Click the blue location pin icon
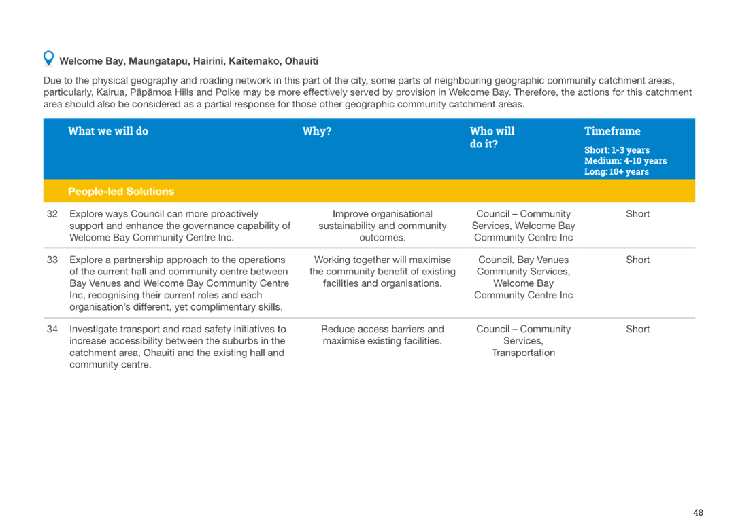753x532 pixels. [x=48, y=58]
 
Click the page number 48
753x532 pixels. [x=699, y=512]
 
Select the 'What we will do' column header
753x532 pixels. [x=108, y=131]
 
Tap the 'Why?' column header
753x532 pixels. [x=317, y=131]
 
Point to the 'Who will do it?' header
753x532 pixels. [x=492, y=137]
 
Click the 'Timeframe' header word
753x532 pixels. [x=612, y=131]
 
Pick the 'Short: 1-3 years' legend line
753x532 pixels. [x=617, y=149]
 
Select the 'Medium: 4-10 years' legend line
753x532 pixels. [x=626, y=161]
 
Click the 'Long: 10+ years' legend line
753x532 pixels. [x=616, y=171]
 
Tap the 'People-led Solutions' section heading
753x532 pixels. [x=121, y=192]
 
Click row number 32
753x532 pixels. [x=52, y=214]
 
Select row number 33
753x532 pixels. [x=52, y=260]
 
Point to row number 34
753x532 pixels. [x=52, y=329]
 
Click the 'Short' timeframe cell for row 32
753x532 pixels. [x=638, y=214]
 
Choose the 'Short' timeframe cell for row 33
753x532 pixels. [x=638, y=260]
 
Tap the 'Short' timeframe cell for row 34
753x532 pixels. [x=638, y=329]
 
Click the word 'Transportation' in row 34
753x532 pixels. [x=524, y=353]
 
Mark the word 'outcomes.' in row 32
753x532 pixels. [x=383, y=237]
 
